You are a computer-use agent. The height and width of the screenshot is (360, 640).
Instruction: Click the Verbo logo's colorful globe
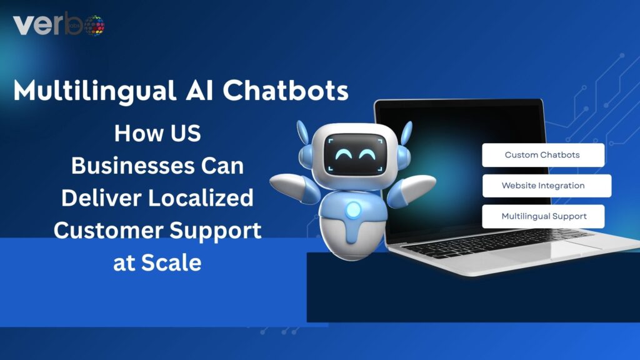94,25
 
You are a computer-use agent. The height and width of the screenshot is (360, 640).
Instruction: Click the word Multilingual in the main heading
95,91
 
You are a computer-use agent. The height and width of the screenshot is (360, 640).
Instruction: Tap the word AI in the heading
199,90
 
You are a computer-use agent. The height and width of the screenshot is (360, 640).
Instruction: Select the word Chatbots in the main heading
285,90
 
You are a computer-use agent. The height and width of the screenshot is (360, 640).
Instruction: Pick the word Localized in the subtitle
201,197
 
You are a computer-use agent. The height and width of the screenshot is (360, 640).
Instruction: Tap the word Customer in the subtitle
109,230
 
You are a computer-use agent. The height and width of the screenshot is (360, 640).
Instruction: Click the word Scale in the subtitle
171,262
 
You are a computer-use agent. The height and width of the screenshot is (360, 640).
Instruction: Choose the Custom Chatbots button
543,155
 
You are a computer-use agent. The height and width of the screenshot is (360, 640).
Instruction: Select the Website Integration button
546,186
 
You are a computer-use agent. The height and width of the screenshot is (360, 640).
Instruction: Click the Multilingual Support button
543,216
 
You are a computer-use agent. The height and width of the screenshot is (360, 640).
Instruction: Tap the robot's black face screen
355,154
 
